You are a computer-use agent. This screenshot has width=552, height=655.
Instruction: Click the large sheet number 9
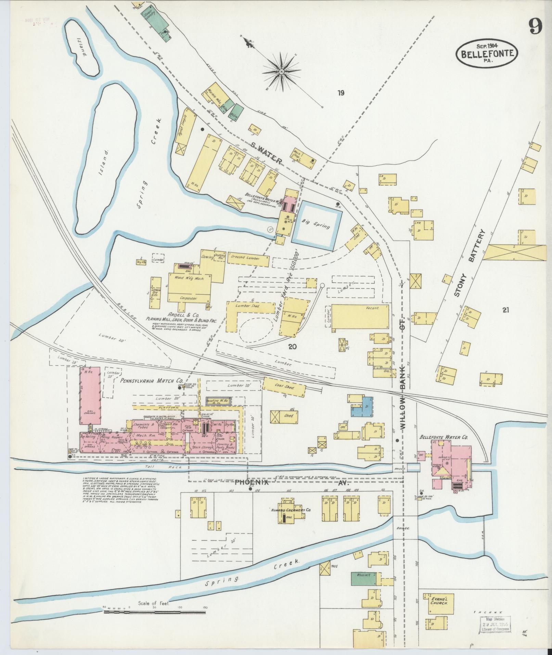click(535, 26)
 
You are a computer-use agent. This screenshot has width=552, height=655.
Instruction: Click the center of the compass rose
click(281, 71)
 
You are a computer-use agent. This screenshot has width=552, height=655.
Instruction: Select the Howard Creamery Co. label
click(291, 519)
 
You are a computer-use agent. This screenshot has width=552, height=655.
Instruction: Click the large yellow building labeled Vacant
click(360, 317)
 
